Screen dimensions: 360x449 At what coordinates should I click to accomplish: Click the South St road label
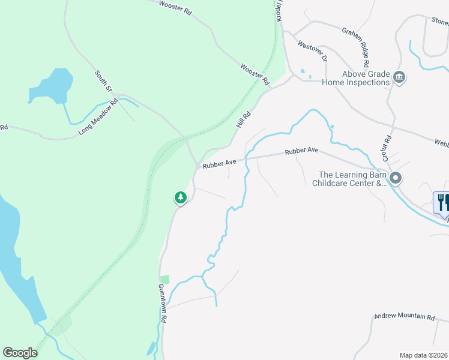(103, 81)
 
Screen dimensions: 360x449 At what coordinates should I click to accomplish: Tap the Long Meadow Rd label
(99, 115)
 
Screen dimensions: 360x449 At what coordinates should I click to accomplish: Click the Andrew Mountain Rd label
(404, 316)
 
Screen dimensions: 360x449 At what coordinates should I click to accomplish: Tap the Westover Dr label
(312, 51)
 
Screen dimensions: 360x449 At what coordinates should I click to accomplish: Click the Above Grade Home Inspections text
(357, 78)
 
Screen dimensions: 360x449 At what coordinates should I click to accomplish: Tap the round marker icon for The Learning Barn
(396, 178)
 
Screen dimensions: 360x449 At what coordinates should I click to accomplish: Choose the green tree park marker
(180, 197)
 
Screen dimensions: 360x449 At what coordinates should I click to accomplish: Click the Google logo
(20, 353)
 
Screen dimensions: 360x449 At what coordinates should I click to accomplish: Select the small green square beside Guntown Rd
(165, 279)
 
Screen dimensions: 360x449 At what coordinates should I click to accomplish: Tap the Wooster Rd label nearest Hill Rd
(255, 74)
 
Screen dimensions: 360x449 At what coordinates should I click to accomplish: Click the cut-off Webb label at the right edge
(441, 142)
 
